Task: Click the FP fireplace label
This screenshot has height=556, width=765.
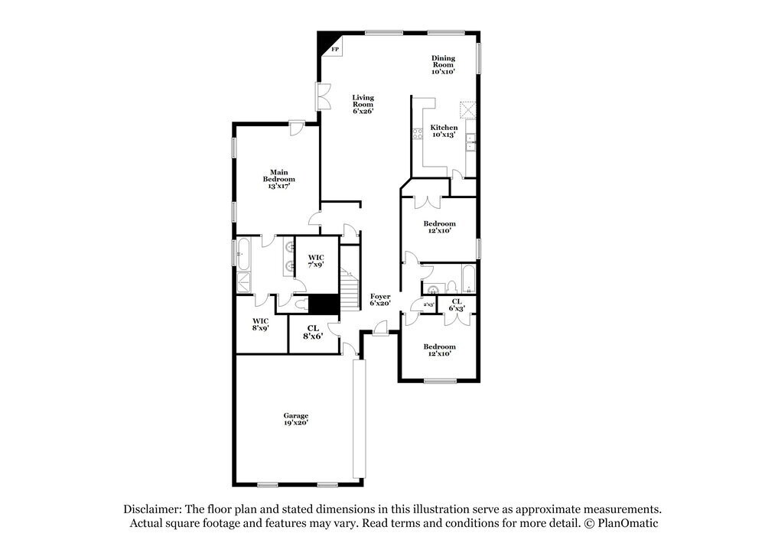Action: (335, 50)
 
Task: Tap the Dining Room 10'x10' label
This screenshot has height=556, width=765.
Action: (443, 64)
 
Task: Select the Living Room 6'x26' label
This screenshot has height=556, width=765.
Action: (363, 104)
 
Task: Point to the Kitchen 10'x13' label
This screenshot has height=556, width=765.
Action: (444, 131)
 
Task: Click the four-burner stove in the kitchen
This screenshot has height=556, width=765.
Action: (418, 135)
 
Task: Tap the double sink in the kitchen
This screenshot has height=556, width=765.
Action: (473, 140)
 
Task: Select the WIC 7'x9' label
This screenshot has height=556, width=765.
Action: (316, 261)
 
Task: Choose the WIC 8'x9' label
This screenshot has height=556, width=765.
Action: (260, 324)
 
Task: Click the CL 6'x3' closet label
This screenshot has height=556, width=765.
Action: (456, 304)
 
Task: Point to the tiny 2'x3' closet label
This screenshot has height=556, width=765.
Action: (429, 304)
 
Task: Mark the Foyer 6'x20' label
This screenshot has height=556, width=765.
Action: (380, 300)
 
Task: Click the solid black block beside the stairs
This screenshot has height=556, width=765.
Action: (324, 304)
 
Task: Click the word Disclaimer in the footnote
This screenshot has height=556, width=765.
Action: (152, 509)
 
